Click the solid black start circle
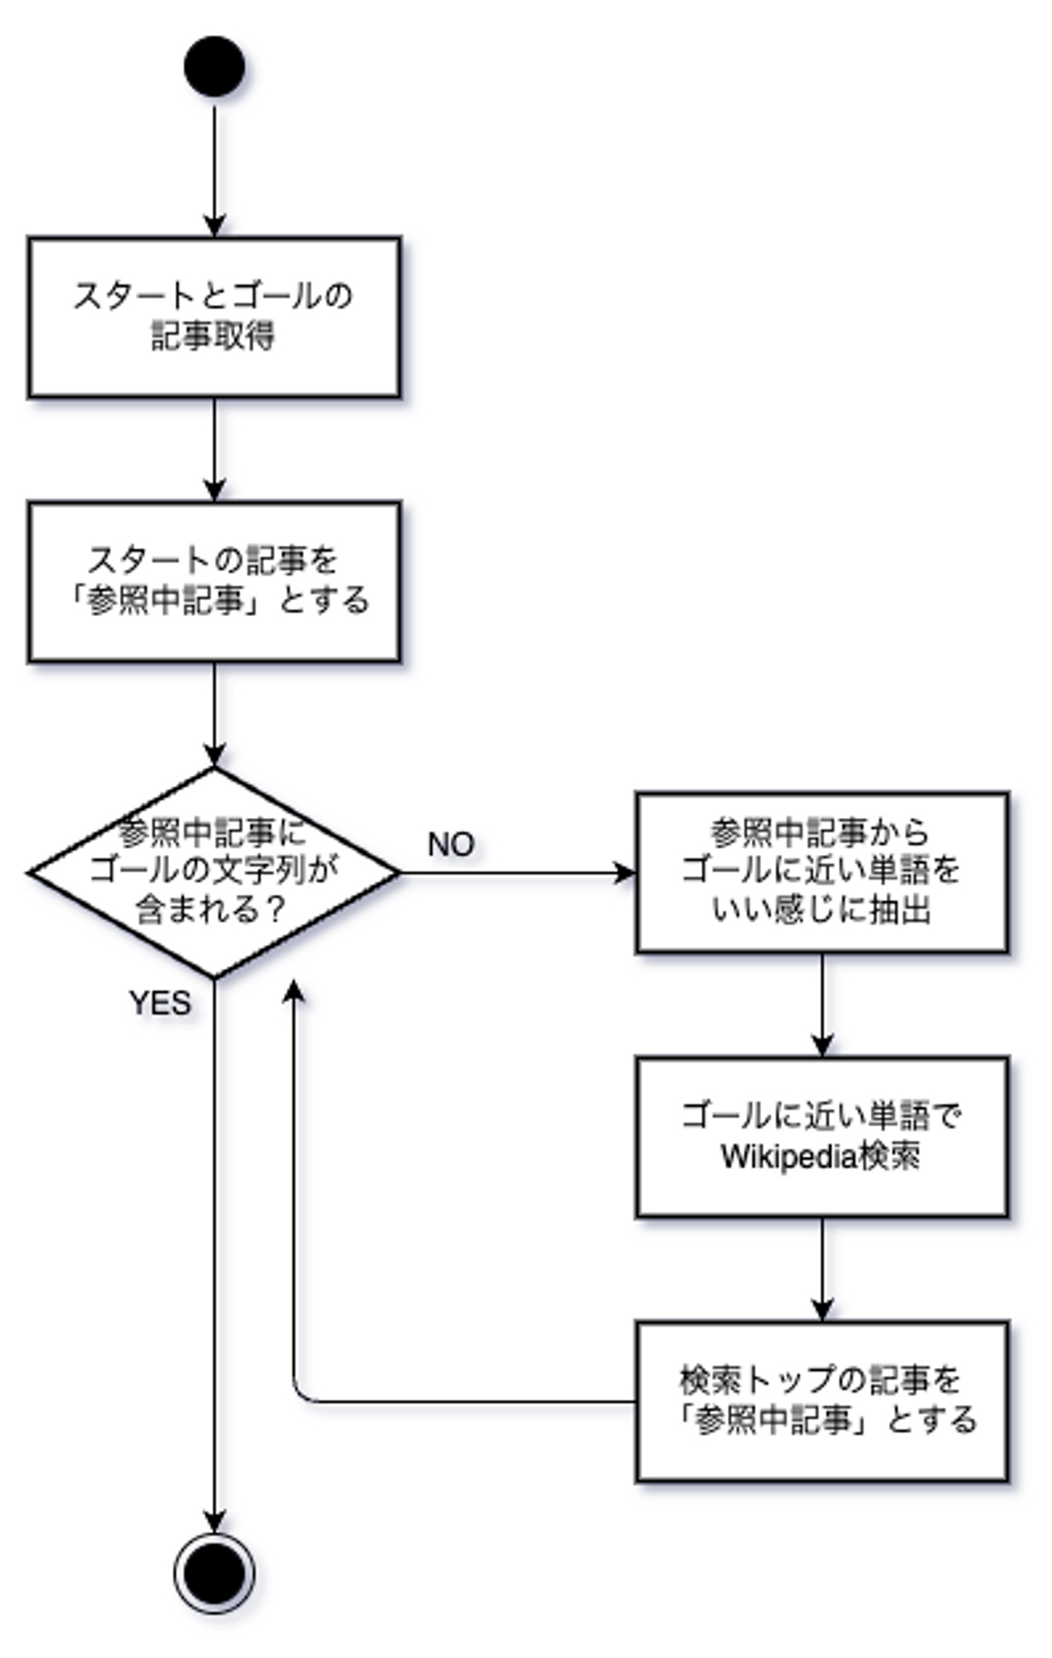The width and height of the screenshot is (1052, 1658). coord(214,66)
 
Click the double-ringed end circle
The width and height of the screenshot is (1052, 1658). coord(214,1573)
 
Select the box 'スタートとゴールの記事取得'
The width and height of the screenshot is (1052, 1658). coord(214,317)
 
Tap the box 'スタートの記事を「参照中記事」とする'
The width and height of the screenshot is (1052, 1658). coord(214,582)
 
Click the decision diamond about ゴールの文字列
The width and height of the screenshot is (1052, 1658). coord(214,872)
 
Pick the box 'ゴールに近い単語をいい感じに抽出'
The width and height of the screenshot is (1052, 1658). coord(822,872)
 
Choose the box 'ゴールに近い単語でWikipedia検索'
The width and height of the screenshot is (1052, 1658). coord(822,1137)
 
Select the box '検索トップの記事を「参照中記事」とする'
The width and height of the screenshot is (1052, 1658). coord(822,1402)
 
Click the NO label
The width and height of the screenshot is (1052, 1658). coord(451,845)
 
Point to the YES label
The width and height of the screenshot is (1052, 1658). coord(160,1003)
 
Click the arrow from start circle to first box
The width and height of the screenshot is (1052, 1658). coord(214,168)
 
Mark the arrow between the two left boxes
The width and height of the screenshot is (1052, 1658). coord(214,447)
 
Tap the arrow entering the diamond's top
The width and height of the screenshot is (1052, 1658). coord(214,712)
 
